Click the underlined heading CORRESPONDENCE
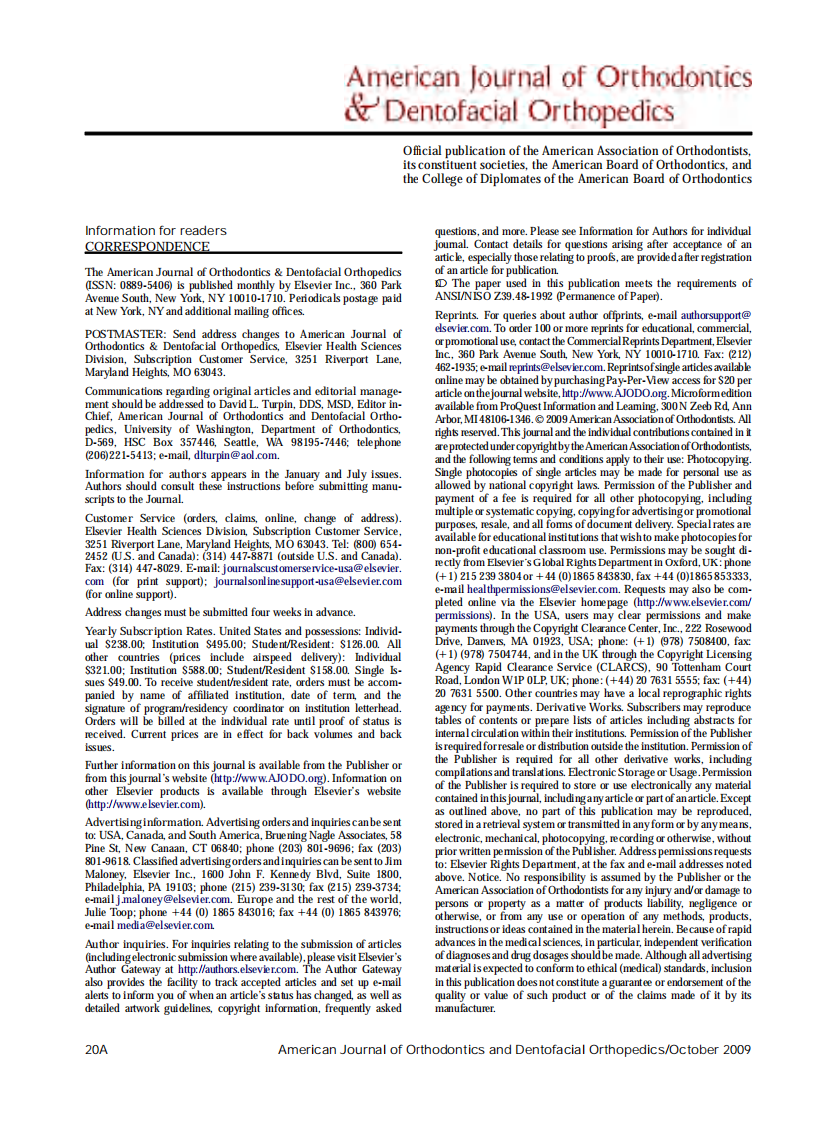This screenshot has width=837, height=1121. [x=147, y=246]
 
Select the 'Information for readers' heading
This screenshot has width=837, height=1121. [x=156, y=231]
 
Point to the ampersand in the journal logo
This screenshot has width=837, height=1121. [x=361, y=108]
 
